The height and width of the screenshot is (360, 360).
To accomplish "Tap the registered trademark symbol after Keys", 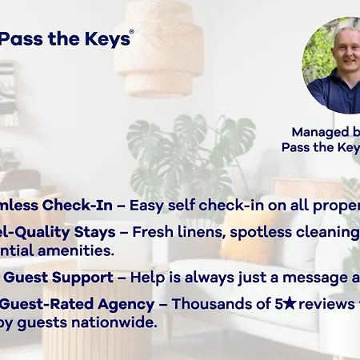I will pyautogui.click(x=131, y=33).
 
